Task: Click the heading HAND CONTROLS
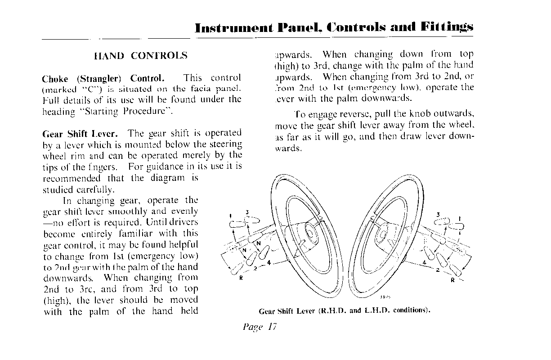pos(140,56)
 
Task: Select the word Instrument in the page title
pos(234,27)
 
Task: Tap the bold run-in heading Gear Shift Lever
pos(80,134)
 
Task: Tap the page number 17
pos(271,327)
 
